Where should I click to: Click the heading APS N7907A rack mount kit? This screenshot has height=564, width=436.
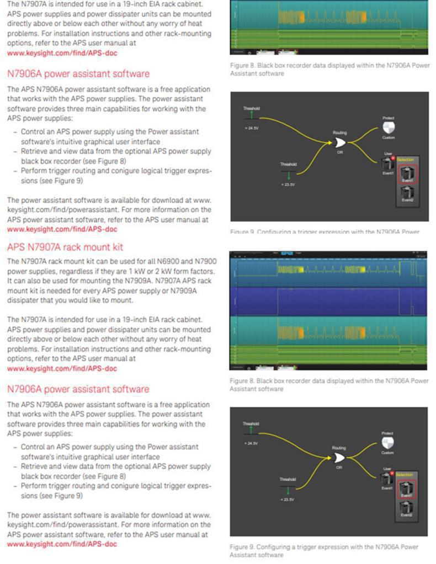point(65,247)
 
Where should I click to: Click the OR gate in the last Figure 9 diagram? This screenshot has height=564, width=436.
point(339,458)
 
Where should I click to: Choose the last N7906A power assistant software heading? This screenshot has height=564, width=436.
point(78,389)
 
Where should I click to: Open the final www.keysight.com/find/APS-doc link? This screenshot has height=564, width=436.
point(62,544)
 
